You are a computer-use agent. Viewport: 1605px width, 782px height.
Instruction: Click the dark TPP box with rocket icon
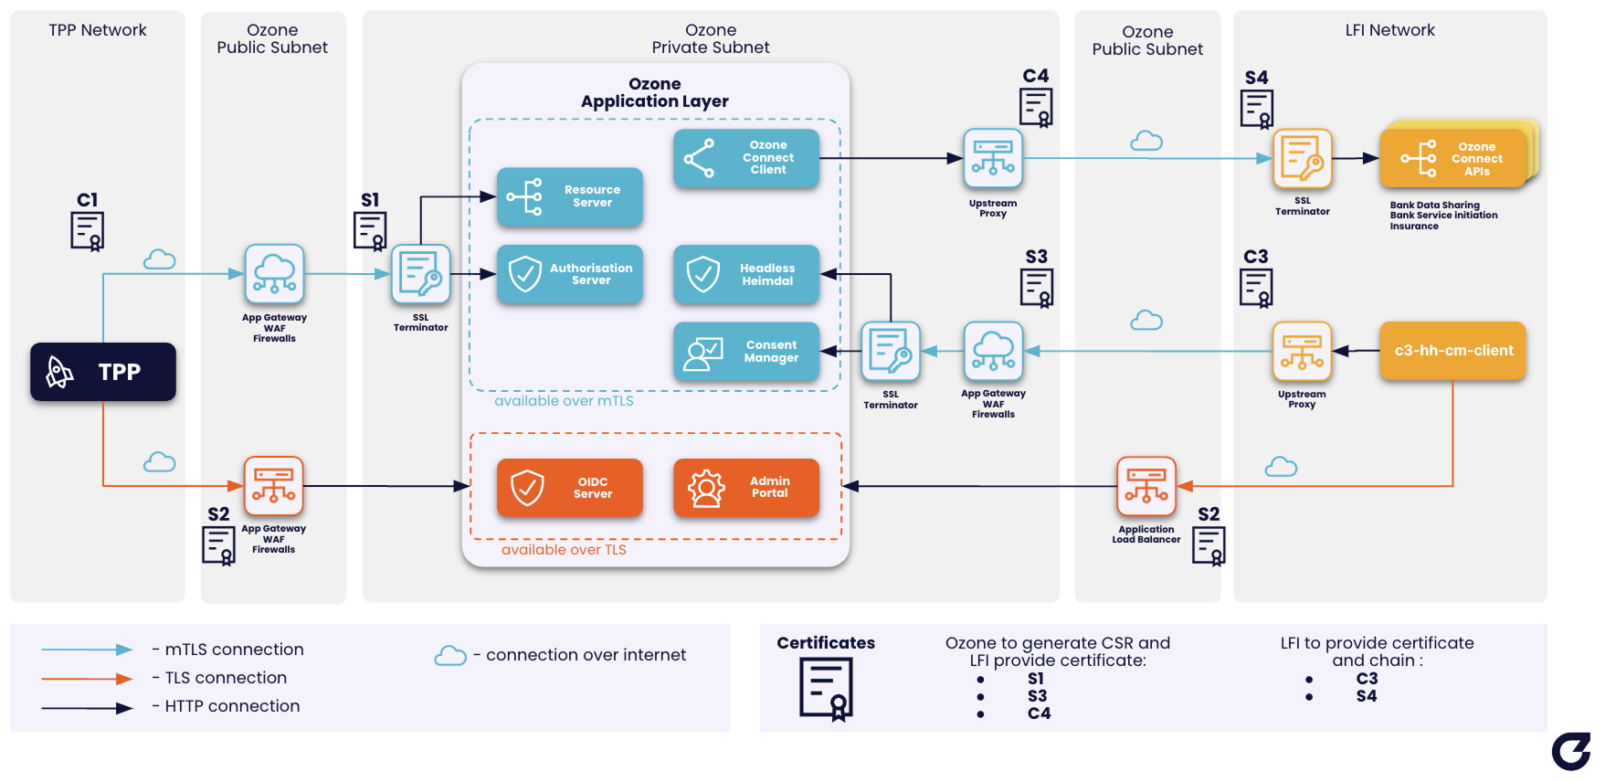tap(102, 372)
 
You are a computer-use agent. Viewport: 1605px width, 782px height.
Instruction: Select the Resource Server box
tap(569, 196)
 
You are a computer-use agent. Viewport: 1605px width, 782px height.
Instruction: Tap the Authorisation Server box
tap(569, 274)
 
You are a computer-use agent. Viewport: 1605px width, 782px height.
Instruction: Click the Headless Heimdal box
tap(745, 274)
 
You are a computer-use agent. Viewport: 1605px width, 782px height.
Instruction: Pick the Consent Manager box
tap(745, 352)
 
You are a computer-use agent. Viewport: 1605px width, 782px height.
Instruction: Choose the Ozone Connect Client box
tap(745, 158)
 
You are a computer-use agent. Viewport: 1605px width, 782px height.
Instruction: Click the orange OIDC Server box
tap(569, 488)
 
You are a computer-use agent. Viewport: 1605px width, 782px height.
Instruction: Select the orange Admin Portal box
tap(745, 488)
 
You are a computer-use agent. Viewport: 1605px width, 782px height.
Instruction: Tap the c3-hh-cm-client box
tap(1452, 351)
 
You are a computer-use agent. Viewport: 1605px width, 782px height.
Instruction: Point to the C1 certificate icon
tap(88, 230)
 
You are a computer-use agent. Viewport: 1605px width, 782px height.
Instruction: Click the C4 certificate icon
tap(1036, 107)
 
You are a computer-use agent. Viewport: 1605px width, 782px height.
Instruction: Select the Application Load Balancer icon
tap(1146, 486)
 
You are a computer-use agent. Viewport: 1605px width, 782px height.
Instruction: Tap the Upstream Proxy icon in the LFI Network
tap(1302, 351)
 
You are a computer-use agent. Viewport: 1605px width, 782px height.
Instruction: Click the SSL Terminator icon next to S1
tap(420, 274)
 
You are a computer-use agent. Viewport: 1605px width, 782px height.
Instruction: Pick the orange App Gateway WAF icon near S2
tap(273, 486)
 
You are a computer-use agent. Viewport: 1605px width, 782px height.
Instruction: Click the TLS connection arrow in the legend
tap(87, 678)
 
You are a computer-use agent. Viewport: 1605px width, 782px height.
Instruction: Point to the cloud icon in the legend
tap(450, 656)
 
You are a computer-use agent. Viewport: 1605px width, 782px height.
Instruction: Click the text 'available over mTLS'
tap(564, 401)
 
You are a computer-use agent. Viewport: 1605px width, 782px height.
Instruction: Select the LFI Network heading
tap(1389, 30)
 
